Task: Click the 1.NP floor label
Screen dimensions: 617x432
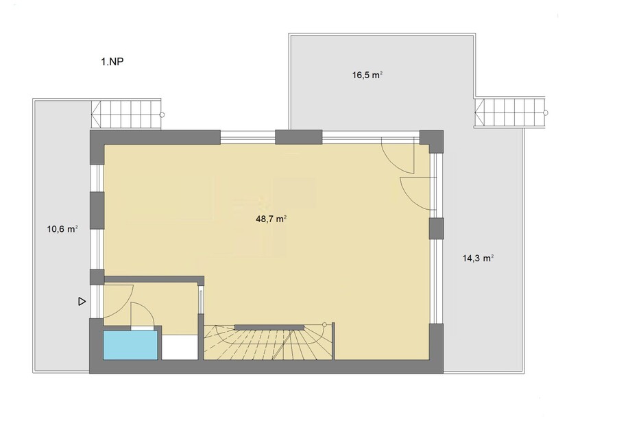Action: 112,62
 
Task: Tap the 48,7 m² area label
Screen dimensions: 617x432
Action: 271,219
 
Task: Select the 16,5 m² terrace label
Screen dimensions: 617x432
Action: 367,75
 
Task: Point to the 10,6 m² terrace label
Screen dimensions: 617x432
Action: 62,229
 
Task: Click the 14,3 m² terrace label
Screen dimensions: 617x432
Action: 478,259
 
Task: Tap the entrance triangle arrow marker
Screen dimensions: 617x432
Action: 82,302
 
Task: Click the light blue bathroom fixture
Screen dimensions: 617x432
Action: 130,345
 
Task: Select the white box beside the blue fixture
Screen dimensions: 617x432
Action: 180,348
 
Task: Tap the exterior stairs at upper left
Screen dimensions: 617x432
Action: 126,115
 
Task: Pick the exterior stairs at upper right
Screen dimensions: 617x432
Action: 510,112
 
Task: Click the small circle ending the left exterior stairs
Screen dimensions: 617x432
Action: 162,115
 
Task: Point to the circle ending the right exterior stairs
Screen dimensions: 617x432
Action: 546,113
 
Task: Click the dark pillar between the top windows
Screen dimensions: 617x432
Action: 299,137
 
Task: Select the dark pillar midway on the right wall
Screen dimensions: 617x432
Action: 436,228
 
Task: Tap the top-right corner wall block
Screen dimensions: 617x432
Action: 432,141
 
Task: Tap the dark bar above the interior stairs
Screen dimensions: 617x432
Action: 269,327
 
